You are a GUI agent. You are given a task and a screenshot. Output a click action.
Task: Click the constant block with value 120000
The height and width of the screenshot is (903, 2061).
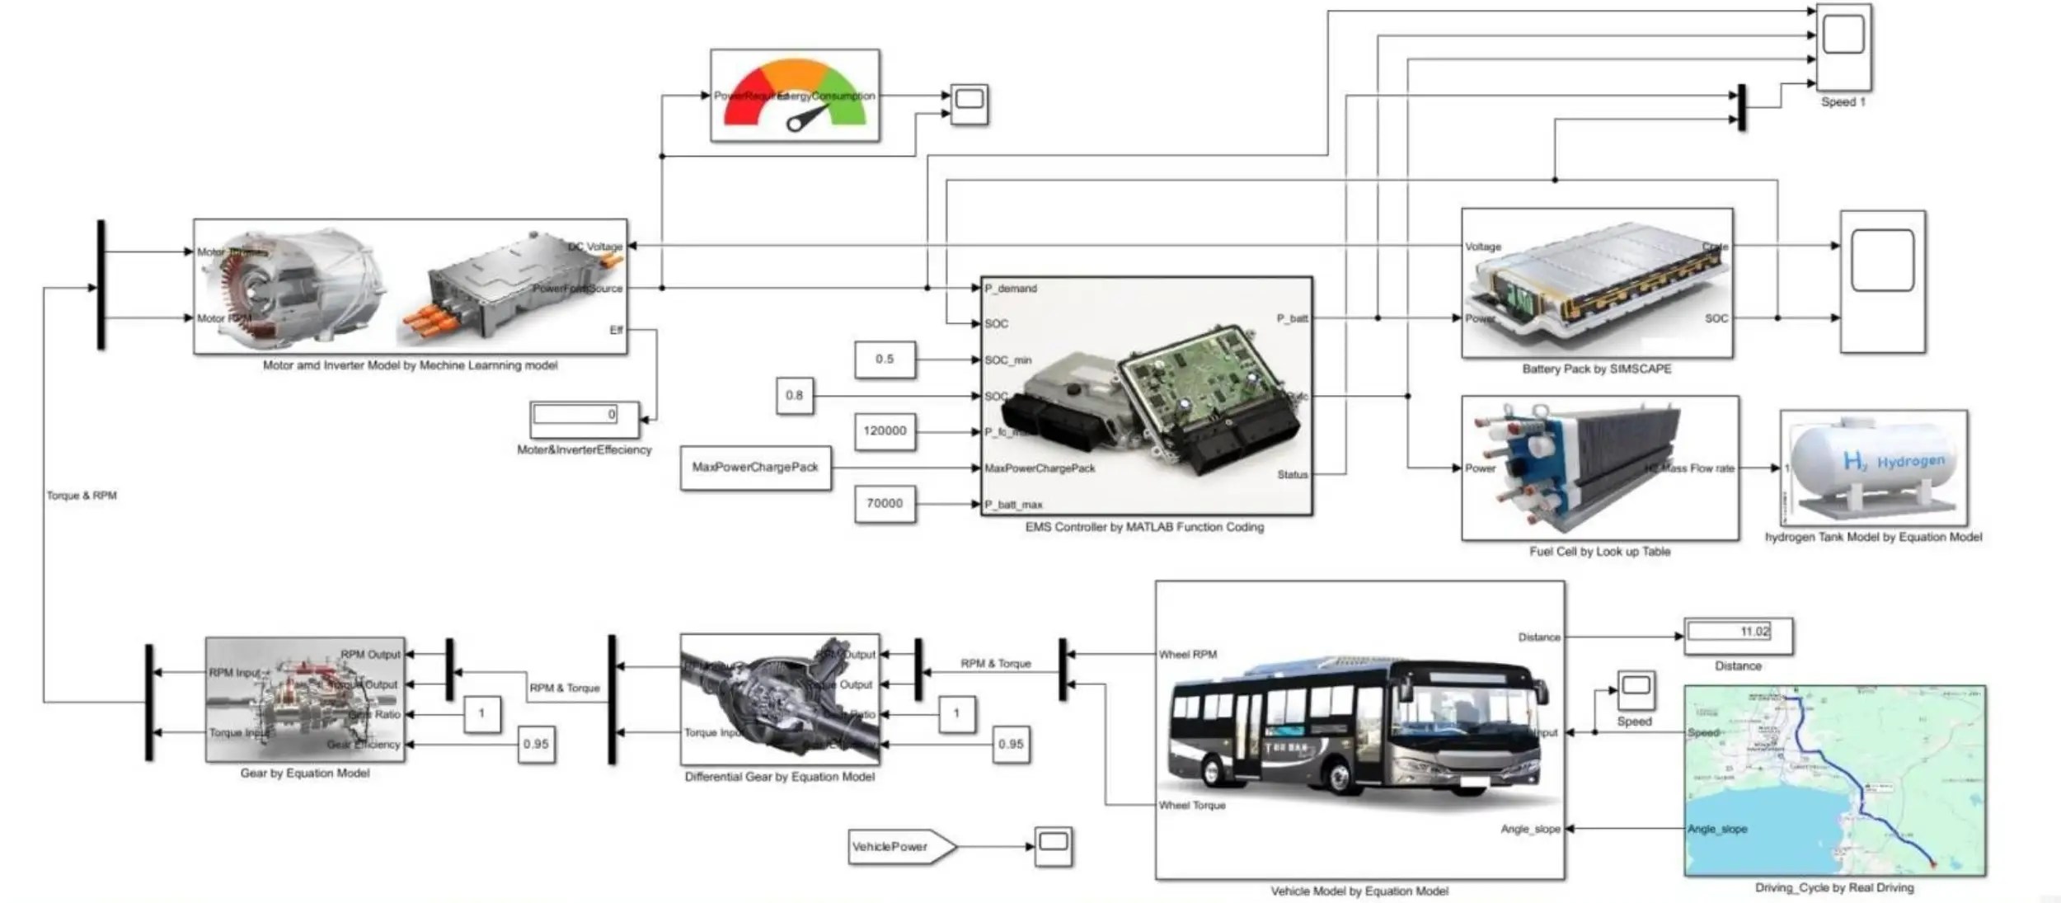pos(884,431)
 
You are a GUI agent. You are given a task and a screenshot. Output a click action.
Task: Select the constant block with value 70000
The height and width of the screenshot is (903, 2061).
pos(884,503)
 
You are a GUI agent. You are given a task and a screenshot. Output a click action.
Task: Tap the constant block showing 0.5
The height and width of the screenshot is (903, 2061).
pos(884,360)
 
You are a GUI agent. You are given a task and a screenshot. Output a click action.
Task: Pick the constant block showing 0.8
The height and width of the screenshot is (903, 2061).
pos(794,396)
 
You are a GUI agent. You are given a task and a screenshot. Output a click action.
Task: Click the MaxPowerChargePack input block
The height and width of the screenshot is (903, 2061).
pos(755,468)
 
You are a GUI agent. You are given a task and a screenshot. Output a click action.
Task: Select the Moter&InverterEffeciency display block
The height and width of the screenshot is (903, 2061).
pos(584,418)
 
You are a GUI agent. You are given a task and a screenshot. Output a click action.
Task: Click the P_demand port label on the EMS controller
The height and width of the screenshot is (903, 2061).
pos(1011,289)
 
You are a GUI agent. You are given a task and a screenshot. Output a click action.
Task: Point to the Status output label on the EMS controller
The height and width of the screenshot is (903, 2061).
pos(1292,475)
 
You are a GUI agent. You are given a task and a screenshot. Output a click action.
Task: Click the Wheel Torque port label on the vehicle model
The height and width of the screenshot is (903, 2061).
pos(1192,806)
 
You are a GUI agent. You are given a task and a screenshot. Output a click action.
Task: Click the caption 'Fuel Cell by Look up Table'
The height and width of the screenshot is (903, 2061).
pos(1599,552)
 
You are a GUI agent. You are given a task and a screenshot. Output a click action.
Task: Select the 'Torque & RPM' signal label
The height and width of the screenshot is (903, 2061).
pos(82,496)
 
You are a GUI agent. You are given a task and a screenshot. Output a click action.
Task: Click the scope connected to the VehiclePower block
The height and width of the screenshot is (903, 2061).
pos(1054,846)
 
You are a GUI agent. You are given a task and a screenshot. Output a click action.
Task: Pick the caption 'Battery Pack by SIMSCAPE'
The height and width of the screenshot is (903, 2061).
pos(1596,369)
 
